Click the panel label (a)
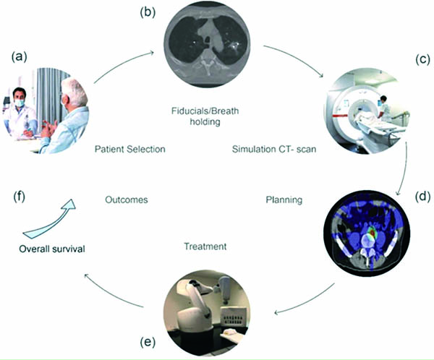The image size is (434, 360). (x=19, y=57)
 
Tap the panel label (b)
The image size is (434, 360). (x=148, y=12)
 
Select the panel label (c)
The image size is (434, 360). (x=423, y=60)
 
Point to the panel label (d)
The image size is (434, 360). (x=423, y=197)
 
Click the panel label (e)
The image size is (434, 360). (x=148, y=343)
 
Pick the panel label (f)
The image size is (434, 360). (x=19, y=197)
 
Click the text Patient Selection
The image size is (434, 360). (x=129, y=149)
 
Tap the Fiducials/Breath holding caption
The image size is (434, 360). (x=205, y=116)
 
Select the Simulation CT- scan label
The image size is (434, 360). (x=274, y=149)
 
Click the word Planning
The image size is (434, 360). (x=284, y=200)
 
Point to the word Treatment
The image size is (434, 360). (x=205, y=247)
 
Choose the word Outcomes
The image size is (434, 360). (x=127, y=200)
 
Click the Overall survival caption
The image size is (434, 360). (x=52, y=249)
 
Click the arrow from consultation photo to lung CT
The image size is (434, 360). (x=122, y=63)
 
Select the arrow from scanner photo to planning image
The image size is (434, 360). (x=404, y=168)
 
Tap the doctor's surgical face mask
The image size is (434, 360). (x=20, y=103)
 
